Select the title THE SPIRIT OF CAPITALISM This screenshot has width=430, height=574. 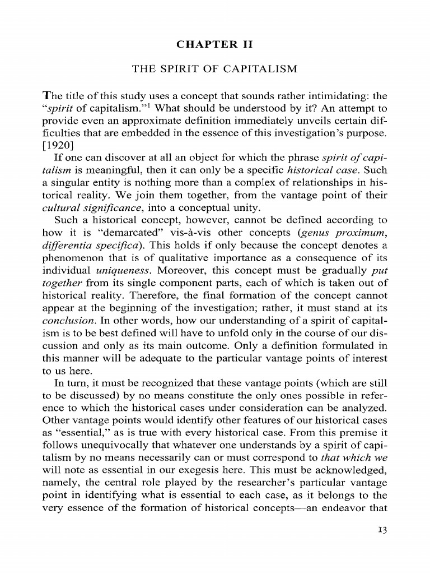pyautogui.click(x=215, y=69)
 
